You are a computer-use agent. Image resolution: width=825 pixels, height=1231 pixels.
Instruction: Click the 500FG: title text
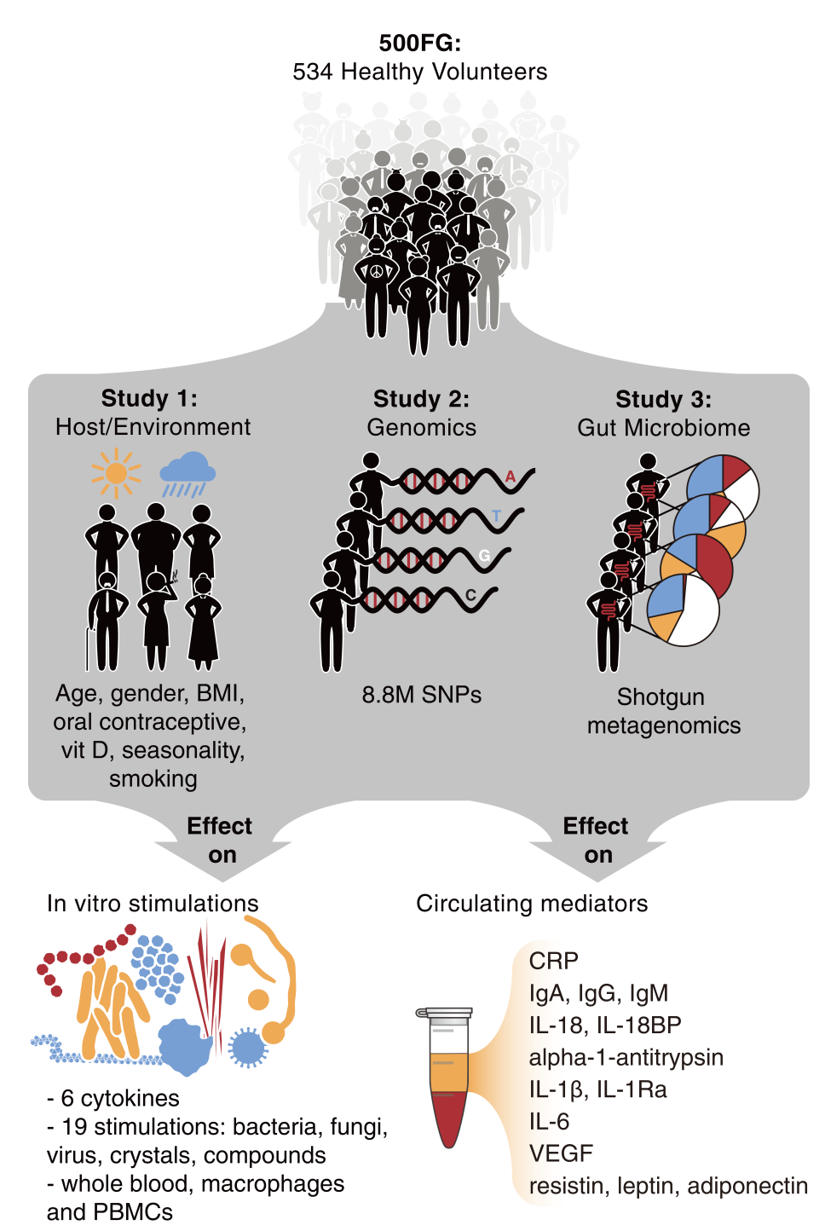[419, 43]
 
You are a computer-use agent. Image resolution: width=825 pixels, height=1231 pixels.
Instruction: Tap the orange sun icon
[116, 473]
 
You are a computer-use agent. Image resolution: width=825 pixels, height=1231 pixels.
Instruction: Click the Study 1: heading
[149, 398]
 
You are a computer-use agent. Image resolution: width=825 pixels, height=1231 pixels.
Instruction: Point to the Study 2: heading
[421, 399]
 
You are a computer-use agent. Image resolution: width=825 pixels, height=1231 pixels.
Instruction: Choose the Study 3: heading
[663, 399]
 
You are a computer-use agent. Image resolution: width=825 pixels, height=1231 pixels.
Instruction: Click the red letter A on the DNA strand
[511, 477]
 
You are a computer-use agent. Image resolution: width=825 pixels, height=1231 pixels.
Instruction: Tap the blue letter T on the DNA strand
[497, 516]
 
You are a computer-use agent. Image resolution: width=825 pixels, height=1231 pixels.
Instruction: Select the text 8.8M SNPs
[421, 695]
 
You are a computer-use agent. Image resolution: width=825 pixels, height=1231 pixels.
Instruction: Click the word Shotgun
[661, 697]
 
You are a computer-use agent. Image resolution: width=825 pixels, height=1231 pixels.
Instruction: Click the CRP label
[553, 961]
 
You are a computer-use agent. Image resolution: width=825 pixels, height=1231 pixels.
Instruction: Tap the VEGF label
[560, 1153]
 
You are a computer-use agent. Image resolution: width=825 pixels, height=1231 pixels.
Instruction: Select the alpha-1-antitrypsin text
[626, 1057]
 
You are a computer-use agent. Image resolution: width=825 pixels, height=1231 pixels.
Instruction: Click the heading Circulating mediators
[532, 904]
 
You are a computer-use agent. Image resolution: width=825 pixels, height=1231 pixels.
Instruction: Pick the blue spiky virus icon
[248, 1047]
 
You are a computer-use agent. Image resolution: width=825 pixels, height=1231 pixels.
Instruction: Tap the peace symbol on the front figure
[377, 270]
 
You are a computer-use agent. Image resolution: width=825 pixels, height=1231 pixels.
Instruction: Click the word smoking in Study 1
[153, 778]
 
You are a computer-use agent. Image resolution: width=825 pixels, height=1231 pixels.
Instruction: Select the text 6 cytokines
[119, 1098]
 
